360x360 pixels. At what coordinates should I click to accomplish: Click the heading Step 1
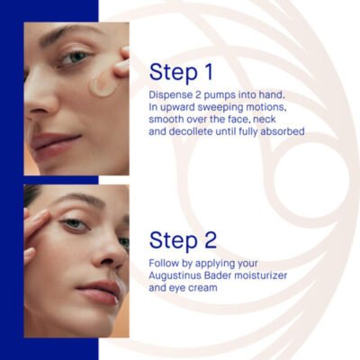pyautogui.click(x=181, y=72)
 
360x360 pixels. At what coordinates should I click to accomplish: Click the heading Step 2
pyautogui.click(x=183, y=239)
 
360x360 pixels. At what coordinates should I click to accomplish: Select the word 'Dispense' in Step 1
pyautogui.click(x=170, y=95)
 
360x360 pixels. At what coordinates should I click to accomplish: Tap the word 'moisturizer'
pyautogui.click(x=260, y=275)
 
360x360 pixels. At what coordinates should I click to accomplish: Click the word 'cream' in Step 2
pyautogui.click(x=203, y=288)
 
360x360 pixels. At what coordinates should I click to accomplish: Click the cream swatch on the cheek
pyautogui.click(x=103, y=85)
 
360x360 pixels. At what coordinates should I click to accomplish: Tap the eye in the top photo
pyautogui.click(x=75, y=57)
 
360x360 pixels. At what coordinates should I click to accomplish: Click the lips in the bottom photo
pyautogui.click(x=97, y=291)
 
